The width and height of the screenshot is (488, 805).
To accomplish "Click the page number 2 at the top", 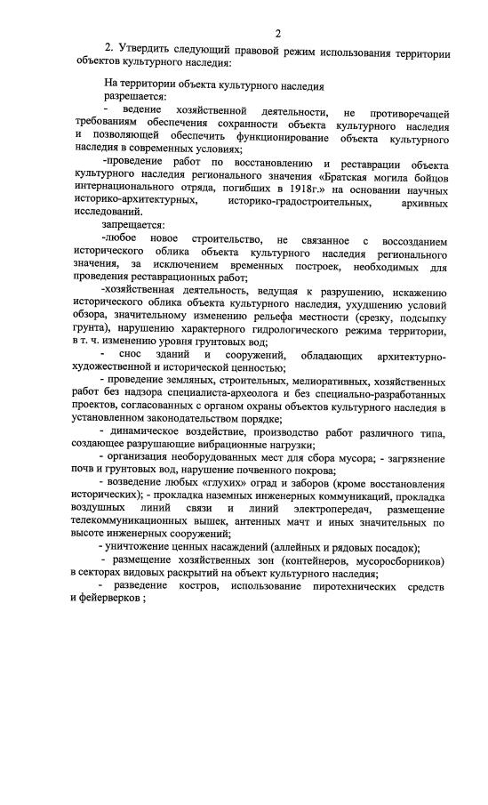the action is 278,33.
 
